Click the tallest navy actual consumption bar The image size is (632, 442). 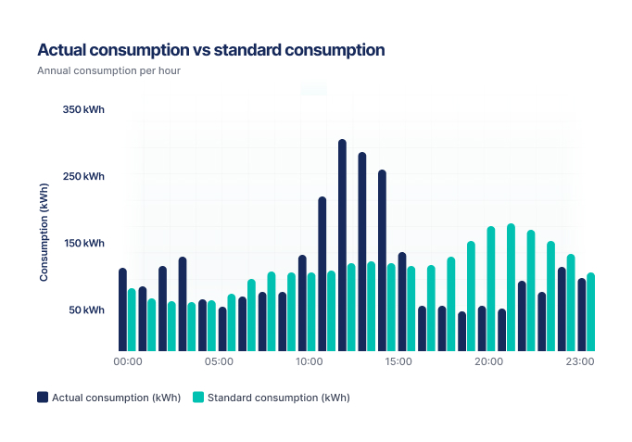[x=342, y=246]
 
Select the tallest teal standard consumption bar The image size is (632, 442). [x=511, y=287]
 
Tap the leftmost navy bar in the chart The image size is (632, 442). [x=122, y=309]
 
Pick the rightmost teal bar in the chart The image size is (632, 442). [x=590, y=312]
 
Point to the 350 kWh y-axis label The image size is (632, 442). [x=83, y=109]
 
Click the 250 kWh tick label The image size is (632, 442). [x=83, y=176]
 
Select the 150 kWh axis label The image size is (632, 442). [x=83, y=243]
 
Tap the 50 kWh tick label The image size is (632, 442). [x=85, y=309]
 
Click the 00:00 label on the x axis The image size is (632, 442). [x=127, y=361]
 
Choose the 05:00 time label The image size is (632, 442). [x=218, y=361]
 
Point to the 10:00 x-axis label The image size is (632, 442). [x=309, y=361]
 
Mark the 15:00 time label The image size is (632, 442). [x=398, y=361]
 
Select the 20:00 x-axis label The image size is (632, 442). [x=489, y=361]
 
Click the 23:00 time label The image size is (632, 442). [x=580, y=361]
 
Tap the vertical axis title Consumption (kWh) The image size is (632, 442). [x=44, y=233]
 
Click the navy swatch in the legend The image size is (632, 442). [x=43, y=398]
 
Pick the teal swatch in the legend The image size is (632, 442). [x=197, y=398]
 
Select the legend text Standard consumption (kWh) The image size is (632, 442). [x=278, y=398]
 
